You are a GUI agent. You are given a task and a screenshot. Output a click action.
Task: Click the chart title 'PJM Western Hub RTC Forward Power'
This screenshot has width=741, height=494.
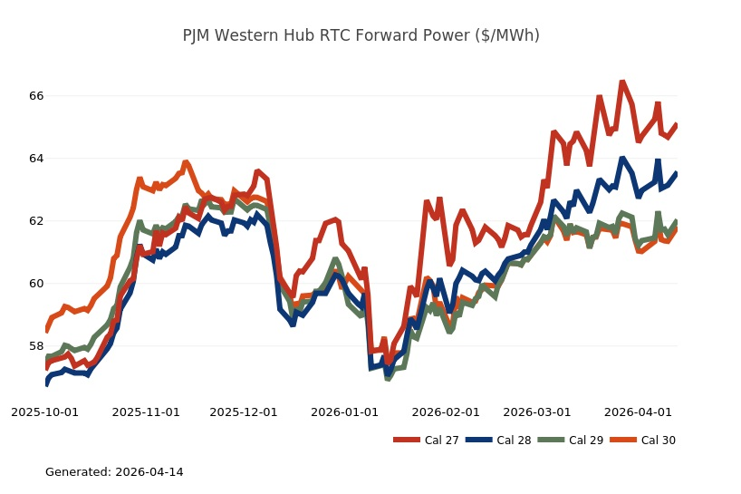(x=361, y=35)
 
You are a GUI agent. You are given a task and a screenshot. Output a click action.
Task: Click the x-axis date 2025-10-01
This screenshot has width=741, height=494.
(x=45, y=412)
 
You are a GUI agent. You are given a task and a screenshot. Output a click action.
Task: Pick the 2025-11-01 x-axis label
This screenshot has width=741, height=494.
(x=146, y=412)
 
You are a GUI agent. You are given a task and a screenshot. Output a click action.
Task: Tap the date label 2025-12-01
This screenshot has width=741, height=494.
(x=244, y=412)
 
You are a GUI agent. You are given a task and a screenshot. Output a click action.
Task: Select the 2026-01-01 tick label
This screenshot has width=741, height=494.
(x=344, y=412)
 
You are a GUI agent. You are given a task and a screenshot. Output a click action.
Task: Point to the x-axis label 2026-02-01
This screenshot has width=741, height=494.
(x=445, y=412)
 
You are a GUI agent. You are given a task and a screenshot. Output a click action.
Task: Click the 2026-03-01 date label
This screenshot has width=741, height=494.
(x=536, y=412)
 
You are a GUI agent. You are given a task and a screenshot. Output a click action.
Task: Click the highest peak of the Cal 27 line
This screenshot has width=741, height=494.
(x=622, y=82)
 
